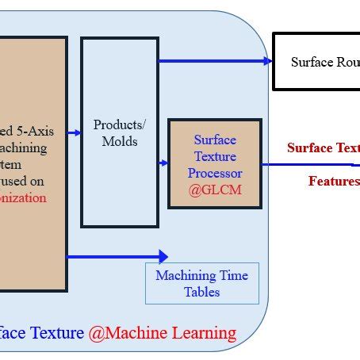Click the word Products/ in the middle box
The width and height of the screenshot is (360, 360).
point(120,125)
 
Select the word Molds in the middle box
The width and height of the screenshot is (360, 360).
point(120,141)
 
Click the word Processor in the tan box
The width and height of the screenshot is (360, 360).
point(214,173)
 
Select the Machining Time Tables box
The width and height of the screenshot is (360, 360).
point(201,283)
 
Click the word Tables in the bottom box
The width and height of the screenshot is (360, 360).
point(201,291)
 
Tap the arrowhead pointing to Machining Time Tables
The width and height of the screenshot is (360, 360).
point(163,256)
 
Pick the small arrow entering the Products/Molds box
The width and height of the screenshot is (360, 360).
point(77,133)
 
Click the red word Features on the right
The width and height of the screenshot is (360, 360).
point(334,182)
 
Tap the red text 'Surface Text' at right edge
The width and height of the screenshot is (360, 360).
point(324,147)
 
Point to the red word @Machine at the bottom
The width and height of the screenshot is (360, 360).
point(126,332)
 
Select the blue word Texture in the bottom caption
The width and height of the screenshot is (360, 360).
point(56,332)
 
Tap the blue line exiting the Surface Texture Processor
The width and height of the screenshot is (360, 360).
point(309,165)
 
